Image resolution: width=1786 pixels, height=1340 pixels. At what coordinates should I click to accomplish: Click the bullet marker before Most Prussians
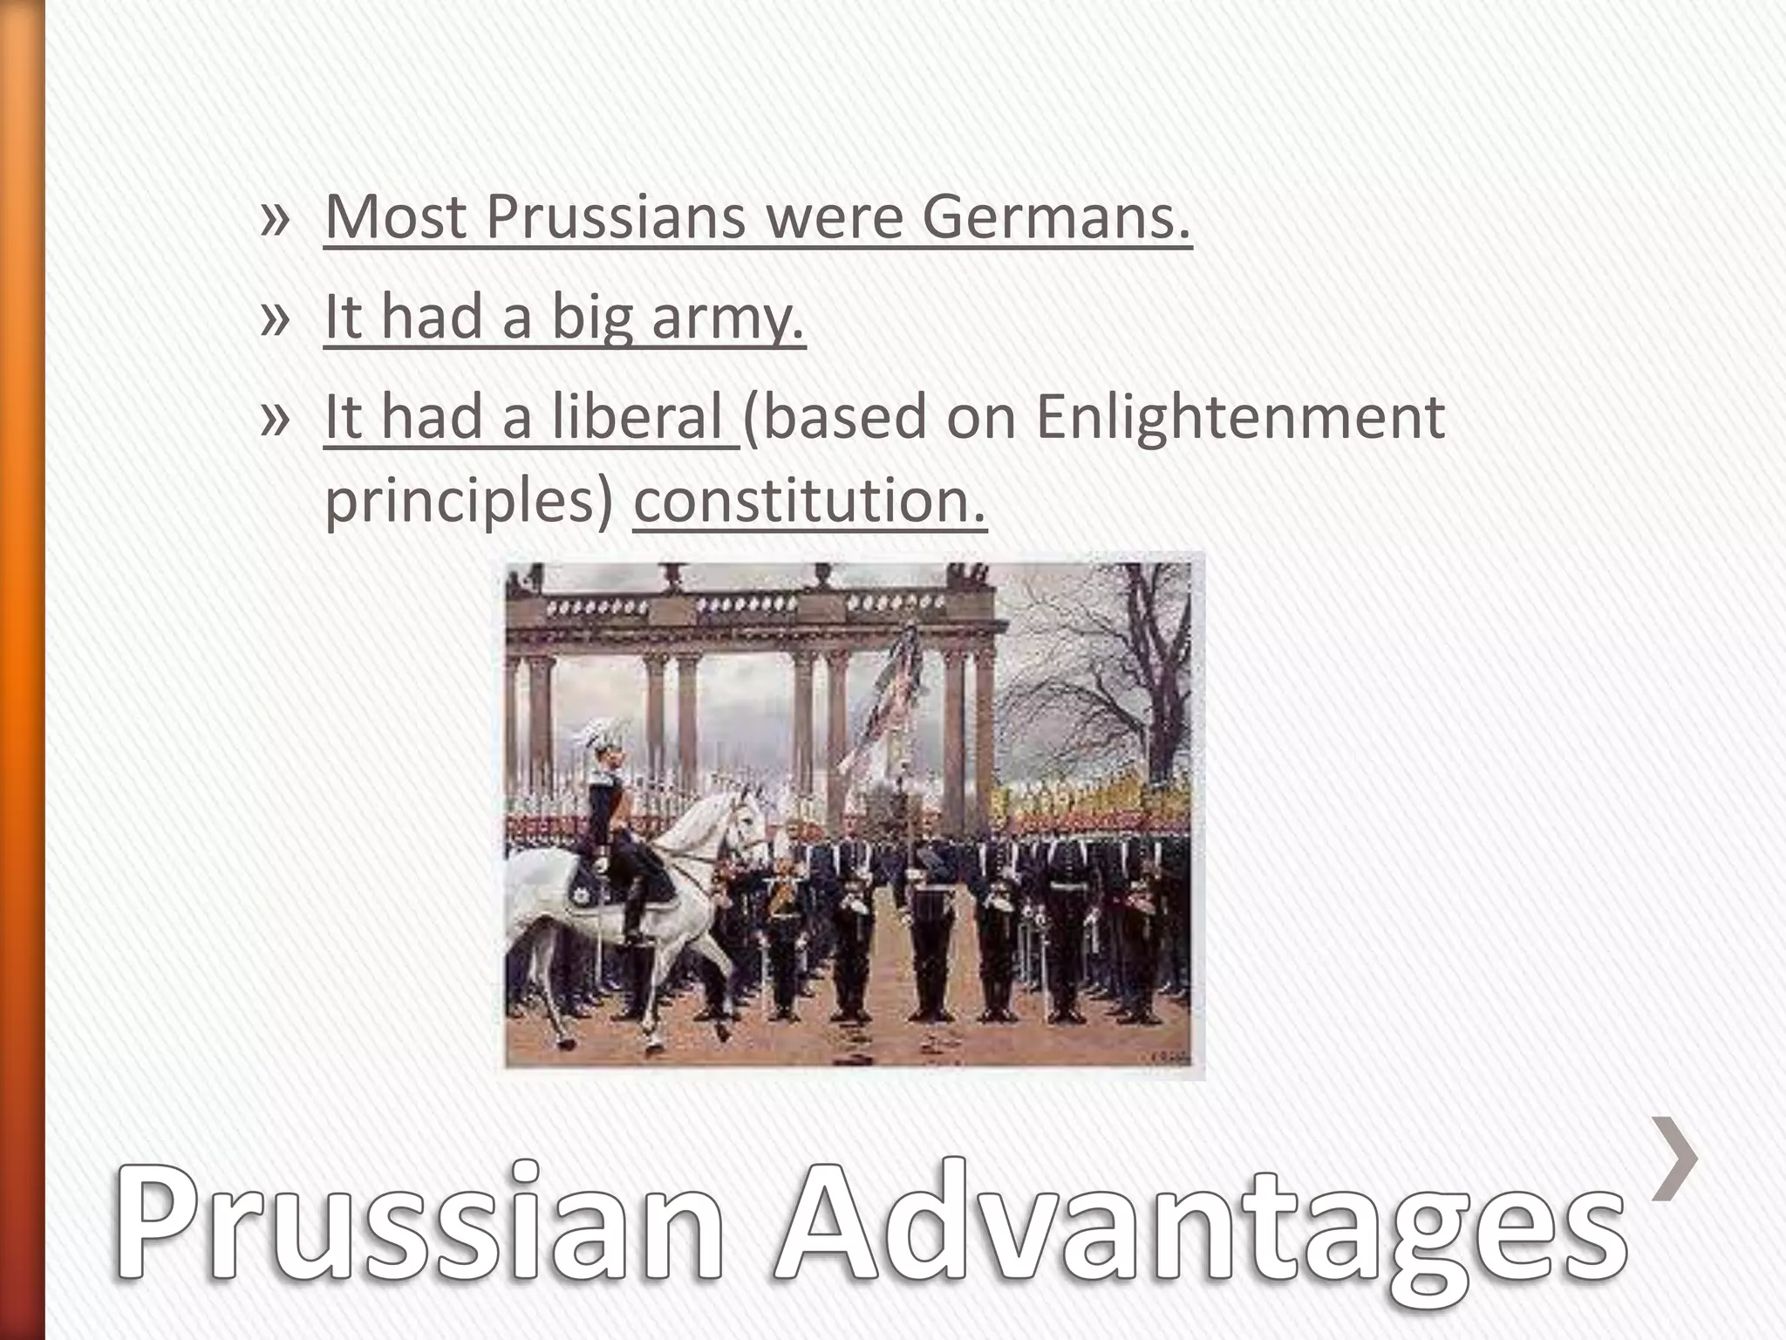274,218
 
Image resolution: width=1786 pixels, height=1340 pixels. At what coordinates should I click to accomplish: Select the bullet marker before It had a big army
274,318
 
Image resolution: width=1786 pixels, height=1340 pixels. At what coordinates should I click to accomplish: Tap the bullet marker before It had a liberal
274,419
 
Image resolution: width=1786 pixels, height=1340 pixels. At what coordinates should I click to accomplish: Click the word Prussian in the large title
419,1239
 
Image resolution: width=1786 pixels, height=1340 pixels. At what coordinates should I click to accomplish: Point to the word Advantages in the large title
1203,1239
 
